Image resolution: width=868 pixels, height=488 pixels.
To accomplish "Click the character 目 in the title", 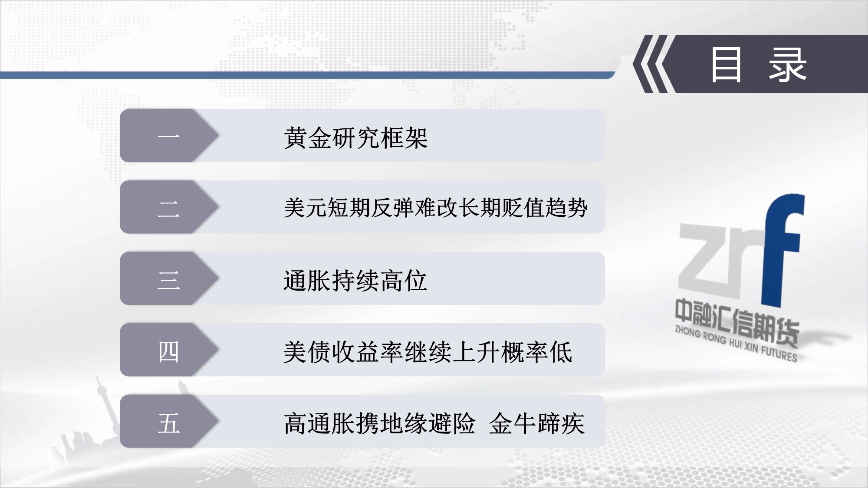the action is tap(726, 65).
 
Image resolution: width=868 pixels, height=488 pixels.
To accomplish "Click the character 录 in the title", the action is tap(788, 65).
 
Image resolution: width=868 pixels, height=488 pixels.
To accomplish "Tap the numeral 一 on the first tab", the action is tap(169, 136).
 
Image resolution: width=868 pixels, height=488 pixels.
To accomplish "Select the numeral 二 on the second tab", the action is tap(169, 209).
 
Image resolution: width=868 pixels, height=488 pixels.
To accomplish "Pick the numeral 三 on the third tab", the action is tap(169, 279).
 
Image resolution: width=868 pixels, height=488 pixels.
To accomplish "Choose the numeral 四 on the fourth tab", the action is tap(169, 351).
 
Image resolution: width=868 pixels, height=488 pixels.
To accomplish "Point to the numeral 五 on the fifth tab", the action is tap(169, 423).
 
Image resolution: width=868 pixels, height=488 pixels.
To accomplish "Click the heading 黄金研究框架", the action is tap(356, 138).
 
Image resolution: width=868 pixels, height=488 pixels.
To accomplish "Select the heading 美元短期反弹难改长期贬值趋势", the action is tap(435, 208).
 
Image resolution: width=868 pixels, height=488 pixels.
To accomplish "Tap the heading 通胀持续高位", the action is tap(355, 280).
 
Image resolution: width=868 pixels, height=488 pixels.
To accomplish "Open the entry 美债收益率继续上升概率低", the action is tap(428, 351).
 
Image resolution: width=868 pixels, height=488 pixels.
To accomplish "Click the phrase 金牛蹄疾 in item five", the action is tap(537, 423).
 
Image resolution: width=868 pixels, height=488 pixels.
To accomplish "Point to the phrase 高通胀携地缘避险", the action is tap(380, 423).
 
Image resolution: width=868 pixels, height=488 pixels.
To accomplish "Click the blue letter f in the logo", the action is tap(781, 249).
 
